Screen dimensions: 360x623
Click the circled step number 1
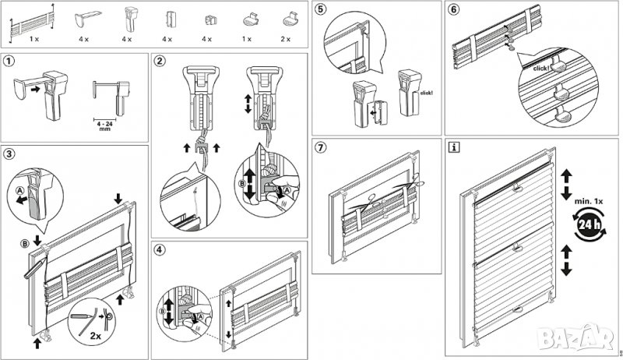[8, 61]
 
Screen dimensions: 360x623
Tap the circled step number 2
[160, 61]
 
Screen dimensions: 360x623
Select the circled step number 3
[8, 152]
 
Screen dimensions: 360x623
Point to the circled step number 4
[160, 250]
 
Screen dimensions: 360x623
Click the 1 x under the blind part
[35, 37]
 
